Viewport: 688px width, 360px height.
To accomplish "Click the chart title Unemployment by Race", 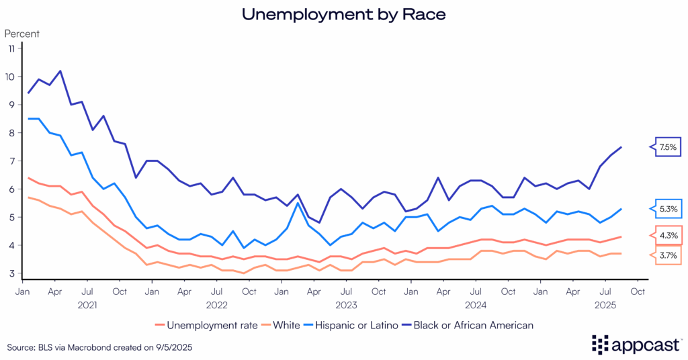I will [343, 13].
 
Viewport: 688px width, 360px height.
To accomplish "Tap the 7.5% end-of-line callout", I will [667, 146].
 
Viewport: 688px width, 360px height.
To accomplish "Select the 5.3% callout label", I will [667, 210].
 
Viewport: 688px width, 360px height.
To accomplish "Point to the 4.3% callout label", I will [667, 236].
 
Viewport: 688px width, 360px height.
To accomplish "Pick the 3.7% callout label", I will [667, 256].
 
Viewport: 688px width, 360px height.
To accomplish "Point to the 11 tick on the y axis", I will [11, 48].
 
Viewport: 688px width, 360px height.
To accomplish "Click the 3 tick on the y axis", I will [11, 273].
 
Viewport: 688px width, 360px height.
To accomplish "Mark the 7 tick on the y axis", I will [11, 161].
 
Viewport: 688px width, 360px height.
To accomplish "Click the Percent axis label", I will [22, 33].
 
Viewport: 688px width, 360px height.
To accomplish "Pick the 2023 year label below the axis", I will [346, 304].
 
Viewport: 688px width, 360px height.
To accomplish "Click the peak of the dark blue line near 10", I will [60, 71].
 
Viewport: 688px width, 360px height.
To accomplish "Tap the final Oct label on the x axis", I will [638, 291].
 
